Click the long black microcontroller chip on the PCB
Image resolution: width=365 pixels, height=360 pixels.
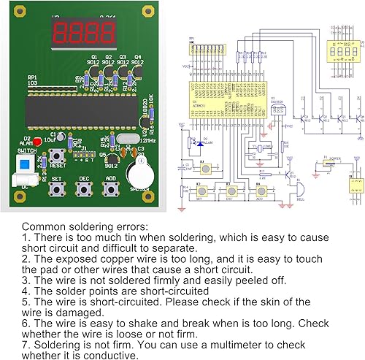point(78,108)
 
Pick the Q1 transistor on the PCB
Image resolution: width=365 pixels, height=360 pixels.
point(93,71)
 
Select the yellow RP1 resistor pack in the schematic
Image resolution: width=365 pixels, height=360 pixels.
point(206,49)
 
